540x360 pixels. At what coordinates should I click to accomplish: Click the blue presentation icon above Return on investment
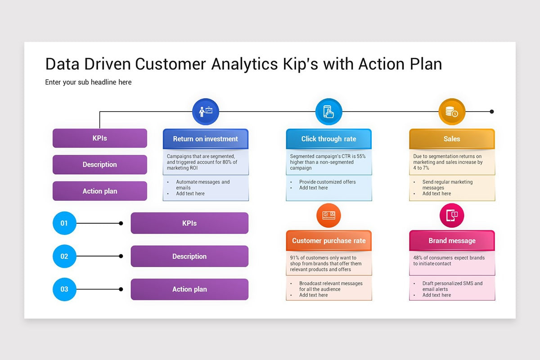[206, 112]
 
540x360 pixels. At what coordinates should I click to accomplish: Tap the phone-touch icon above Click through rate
[329, 112]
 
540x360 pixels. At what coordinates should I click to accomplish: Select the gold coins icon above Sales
[452, 112]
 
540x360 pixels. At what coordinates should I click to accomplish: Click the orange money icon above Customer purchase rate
[328, 215]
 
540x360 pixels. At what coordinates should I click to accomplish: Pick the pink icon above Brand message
[452, 215]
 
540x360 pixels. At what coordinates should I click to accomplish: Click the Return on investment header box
[206, 139]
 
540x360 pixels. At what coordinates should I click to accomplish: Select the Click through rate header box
[329, 139]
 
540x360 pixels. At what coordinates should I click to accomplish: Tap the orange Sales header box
[452, 139]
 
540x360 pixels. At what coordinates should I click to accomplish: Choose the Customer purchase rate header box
[329, 241]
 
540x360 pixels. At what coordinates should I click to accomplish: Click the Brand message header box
[452, 241]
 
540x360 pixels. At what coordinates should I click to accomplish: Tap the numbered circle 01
[64, 223]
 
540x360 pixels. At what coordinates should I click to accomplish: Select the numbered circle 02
[64, 256]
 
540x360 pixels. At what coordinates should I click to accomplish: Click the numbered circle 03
[64, 289]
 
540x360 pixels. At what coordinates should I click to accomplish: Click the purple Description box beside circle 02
[189, 256]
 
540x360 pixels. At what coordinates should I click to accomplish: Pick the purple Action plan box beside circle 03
[189, 289]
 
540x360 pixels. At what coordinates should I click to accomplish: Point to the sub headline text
[88, 82]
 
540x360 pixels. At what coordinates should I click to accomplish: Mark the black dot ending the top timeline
[492, 112]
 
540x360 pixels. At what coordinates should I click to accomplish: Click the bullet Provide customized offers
[327, 182]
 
